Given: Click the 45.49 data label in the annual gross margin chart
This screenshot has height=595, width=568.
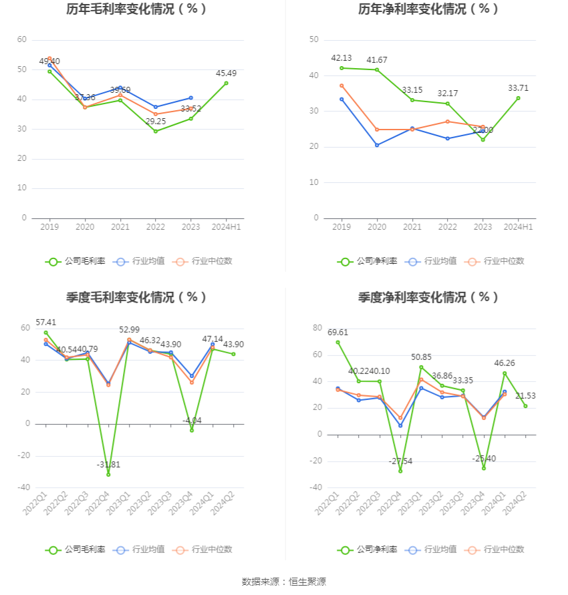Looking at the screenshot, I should click(x=227, y=73).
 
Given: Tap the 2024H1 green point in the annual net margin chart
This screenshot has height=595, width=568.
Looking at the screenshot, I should click(x=518, y=98).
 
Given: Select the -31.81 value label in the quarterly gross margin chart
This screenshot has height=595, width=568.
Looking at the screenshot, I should click(x=108, y=465).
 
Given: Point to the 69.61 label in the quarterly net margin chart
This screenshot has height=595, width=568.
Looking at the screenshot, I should click(x=337, y=332).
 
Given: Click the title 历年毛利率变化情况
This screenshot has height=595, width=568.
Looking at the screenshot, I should click(x=136, y=9).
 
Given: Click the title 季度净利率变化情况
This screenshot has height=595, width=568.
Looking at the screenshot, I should click(x=428, y=297).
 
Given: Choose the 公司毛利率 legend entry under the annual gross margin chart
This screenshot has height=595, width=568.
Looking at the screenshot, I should click(x=76, y=261).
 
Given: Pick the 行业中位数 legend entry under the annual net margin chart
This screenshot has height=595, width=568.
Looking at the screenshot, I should click(x=495, y=261).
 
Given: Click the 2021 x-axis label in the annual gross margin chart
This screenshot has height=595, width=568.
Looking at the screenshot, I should click(x=120, y=227).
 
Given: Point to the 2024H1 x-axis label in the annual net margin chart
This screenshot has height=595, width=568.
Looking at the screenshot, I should click(x=518, y=227).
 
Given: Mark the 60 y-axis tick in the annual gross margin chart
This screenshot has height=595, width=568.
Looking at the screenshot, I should click(x=22, y=40).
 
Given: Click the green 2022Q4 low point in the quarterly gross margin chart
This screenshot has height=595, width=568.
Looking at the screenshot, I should click(x=108, y=474).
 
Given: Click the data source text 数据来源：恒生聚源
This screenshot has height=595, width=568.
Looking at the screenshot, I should click(x=284, y=582).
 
